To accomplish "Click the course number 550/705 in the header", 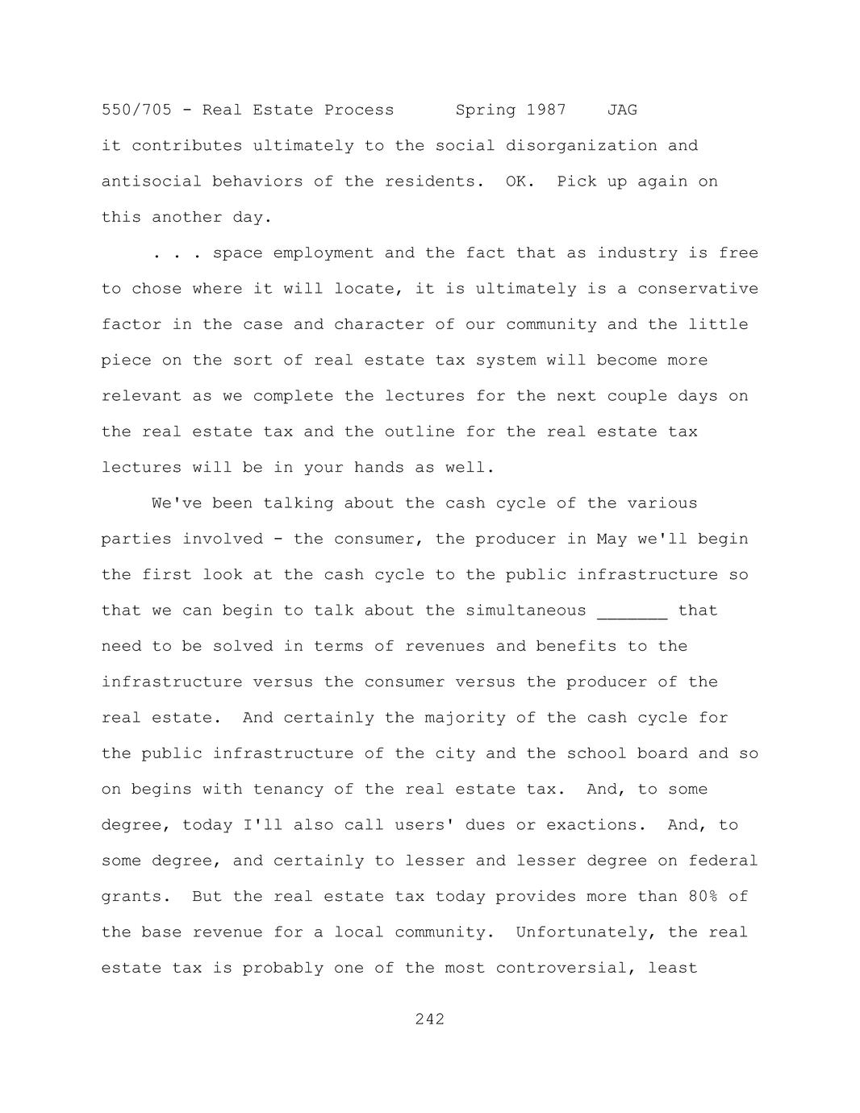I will click(136, 110).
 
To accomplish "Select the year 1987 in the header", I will click(546, 110).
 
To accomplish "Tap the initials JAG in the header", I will click(622, 110).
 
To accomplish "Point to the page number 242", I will click(430, 1019).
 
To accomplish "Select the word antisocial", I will click(152, 181).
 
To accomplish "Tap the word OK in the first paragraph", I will click(516, 181).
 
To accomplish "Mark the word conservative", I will click(698, 289).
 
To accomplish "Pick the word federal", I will click(723, 861).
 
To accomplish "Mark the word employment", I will click(324, 253).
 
